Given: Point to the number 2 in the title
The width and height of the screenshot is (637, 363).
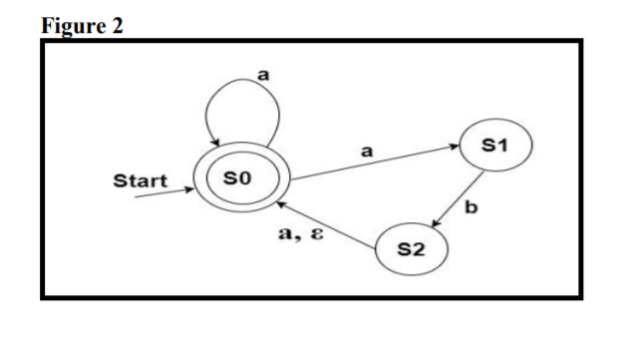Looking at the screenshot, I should click(118, 26).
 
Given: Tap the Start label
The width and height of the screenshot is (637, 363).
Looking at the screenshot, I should click(139, 181).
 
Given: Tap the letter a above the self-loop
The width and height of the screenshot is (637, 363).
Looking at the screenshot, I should click(264, 74).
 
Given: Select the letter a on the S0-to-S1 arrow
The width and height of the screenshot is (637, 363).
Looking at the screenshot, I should click(366, 151).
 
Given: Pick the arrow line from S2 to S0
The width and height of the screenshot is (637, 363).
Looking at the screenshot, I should click(328, 220).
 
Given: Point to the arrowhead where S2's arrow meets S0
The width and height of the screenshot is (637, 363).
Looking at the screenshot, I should click(281, 202).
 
